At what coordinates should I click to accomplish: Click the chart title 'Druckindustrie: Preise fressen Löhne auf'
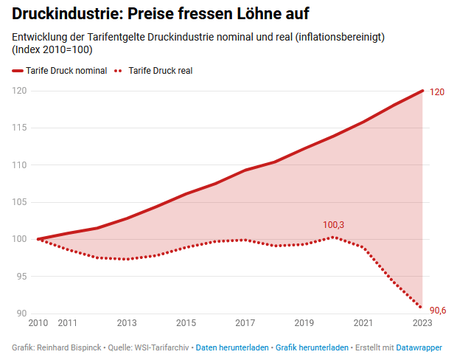(161, 13)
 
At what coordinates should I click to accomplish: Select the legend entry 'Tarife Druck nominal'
(66, 71)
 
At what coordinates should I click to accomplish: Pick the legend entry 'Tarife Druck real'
(161, 71)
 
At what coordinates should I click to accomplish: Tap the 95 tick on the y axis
(21, 277)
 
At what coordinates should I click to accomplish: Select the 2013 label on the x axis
(127, 323)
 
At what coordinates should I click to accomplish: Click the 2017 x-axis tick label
(245, 323)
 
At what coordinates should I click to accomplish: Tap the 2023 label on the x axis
(422, 323)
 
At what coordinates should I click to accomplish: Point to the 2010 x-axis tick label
(37, 323)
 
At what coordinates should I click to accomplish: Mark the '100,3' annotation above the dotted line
(334, 224)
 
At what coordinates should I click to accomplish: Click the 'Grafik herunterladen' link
(312, 347)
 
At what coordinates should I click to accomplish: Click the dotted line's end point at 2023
(421, 307)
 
